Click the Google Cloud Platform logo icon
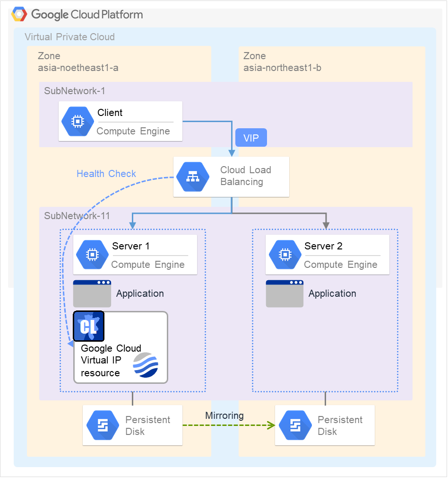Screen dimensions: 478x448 (19, 14)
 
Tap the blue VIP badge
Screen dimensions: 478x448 (251, 138)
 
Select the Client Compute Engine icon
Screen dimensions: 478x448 (77, 121)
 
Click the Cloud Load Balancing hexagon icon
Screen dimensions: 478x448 (192, 177)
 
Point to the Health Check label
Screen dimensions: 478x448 (106, 174)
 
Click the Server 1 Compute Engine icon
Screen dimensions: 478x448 (91, 255)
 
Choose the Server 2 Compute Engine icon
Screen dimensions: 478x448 (284, 255)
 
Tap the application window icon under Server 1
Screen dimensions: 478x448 (92, 293)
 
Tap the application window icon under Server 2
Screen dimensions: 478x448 (284, 293)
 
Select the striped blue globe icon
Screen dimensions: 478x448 (146, 365)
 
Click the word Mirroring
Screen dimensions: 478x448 (224, 416)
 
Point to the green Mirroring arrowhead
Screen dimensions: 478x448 (272, 425)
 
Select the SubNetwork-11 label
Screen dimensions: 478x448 (77, 216)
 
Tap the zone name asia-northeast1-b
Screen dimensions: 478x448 (282, 68)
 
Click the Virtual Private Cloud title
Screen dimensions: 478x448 (69, 37)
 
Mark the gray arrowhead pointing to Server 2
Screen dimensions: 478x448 (326, 224)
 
